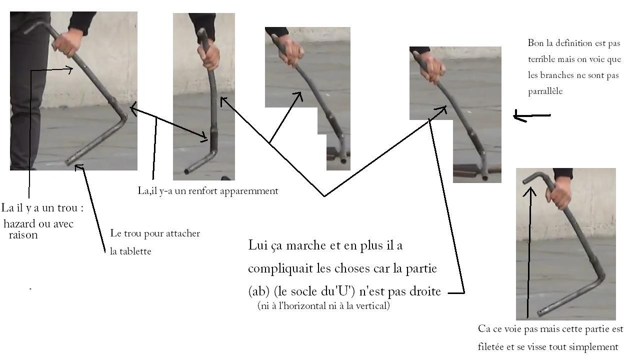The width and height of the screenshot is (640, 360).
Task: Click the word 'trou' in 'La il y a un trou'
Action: click(67, 208)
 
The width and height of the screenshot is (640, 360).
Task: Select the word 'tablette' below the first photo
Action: click(135, 251)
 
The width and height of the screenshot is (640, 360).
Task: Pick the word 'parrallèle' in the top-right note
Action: click(545, 91)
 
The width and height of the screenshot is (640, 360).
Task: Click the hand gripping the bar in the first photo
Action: click(66, 43)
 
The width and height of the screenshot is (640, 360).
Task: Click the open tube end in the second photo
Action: click(187, 171)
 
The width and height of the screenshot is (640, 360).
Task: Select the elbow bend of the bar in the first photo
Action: click(123, 117)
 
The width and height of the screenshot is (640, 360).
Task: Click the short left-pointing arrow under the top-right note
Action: click(531, 116)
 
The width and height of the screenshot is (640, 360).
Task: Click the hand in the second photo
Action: click(209, 55)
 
